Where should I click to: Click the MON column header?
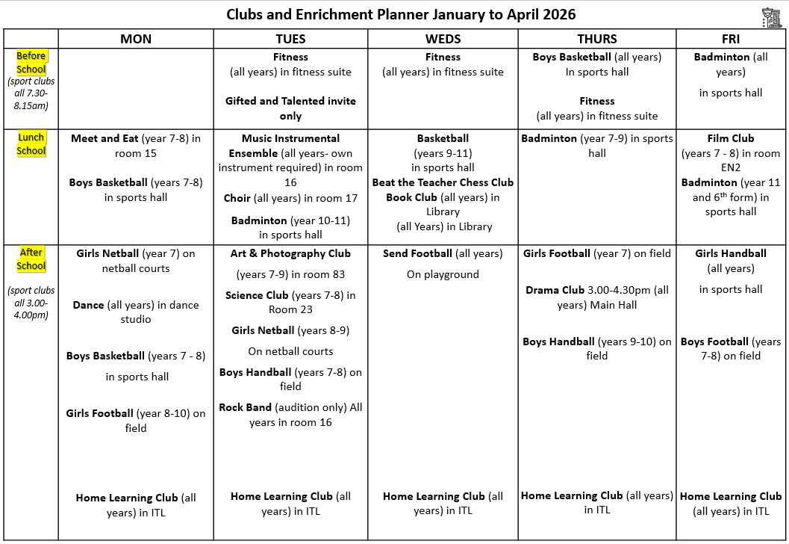pyautogui.click(x=136, y=39)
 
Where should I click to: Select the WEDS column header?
pyautogui.click(x=443, y=39)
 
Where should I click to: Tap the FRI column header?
pyautogui.click(x=731, y=39)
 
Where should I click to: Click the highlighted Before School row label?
pyautogui.click(x=31, y=63)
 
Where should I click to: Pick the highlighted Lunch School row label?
pyautogui.click(x=31, y=144)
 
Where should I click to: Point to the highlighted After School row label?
pyautogui.click(x=31, y=259)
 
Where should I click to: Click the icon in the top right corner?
pyautogui.click(x=771, y=16)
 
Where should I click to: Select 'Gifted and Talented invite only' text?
pyautogui.click(x=290, y=108)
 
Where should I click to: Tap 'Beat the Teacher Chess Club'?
pyautogui.click(x=443, y=182)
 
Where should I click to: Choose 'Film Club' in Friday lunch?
pyautogui.click(x=731, y=138)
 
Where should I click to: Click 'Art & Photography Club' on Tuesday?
pyautogui.click(x=290, y=253)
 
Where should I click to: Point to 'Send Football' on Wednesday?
pyautogui.click(x=417, y=253)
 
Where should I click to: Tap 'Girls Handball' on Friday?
pyautogui.click(x=731, y=253)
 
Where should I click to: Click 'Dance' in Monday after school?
pyautogui.click(x=88, y=305)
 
